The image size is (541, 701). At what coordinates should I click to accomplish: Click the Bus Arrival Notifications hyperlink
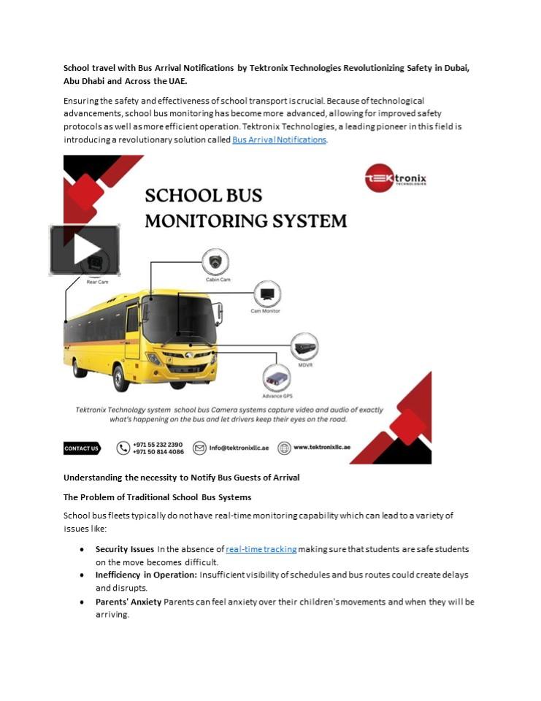279,139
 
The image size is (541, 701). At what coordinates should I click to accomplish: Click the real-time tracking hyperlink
261,549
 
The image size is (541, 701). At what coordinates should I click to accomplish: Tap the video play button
85,250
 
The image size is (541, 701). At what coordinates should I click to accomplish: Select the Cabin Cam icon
215,261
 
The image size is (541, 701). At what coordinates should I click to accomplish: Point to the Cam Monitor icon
266,295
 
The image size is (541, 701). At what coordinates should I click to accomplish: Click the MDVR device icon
304,346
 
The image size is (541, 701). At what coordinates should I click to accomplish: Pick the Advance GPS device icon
277,378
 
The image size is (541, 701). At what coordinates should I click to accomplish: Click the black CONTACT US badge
81,448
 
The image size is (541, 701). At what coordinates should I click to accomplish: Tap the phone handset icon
123,448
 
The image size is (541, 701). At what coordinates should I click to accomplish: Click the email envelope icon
199,448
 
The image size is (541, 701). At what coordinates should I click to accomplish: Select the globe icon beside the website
283,448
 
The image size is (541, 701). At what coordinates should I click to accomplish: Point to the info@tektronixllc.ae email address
239,448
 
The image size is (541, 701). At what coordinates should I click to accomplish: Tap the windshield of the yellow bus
178,319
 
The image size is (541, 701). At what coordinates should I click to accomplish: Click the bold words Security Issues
125,549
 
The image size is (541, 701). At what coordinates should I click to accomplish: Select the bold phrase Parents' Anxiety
128,602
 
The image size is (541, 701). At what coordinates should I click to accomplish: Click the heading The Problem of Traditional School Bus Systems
157,497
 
